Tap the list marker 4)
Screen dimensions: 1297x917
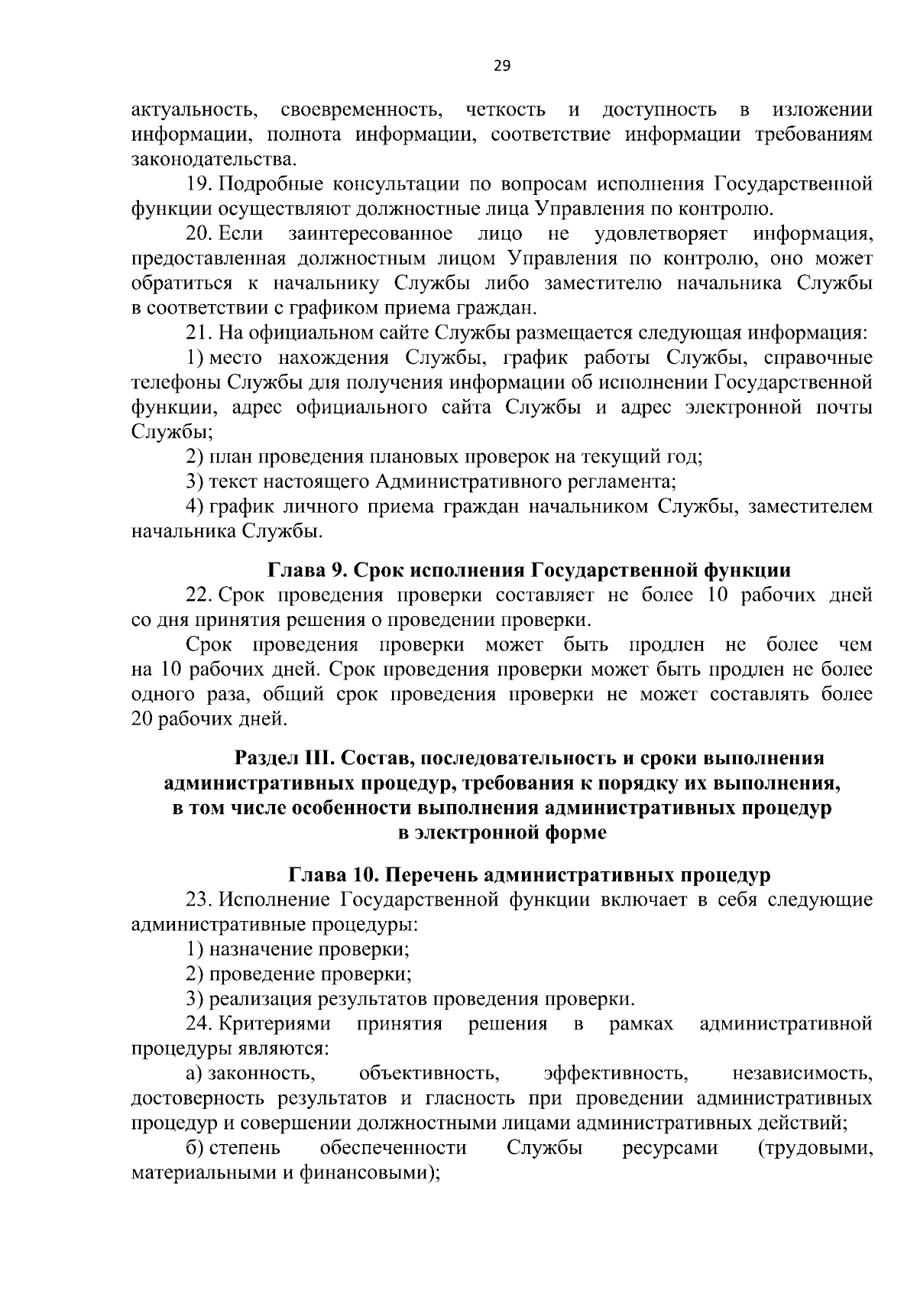coord(195,507)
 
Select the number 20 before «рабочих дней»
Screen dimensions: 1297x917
coord(143,719)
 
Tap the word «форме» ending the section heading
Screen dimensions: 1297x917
coord(572,832)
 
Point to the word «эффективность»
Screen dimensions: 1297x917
coord(616,1074)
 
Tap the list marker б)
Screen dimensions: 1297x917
coord(195,1148)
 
